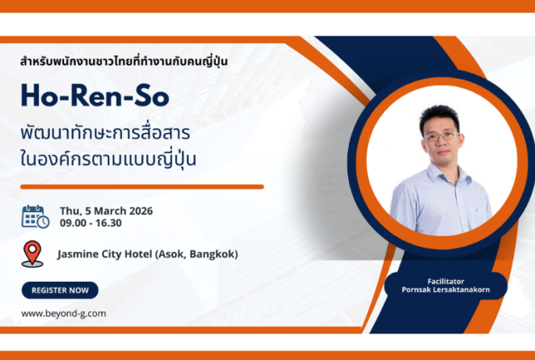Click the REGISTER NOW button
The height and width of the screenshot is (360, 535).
[59, 290]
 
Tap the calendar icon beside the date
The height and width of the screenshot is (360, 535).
[35, 216]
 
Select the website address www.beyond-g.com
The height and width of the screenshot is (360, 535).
[63, 313]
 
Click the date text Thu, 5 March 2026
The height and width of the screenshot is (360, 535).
[106, 211]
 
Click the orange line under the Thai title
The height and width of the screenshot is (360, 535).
[142, 187]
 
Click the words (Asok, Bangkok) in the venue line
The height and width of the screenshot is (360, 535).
[199, 254]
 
